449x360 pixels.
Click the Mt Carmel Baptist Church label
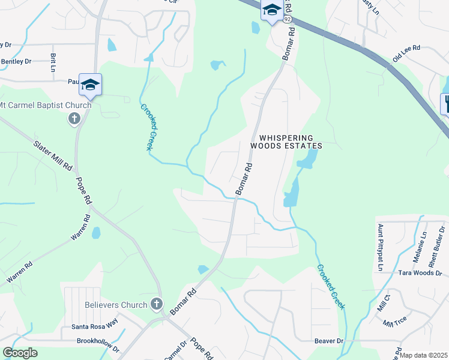pyautogui.click(x=46, y=106)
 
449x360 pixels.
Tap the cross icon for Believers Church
pyautogui.click(x=157, y=304)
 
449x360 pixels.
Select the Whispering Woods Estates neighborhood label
pyautogui.click(x=286, y=142)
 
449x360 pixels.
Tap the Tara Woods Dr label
pyautogui.click(x=420, y=273)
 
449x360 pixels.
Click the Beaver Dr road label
pyautogui.click(x=328, y=341)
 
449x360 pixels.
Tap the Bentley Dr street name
pyautogui.click(x=16, y=61)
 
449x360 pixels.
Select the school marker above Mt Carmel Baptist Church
pyautogui.click(x=90, y=85)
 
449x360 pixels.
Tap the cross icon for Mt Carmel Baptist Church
pyautogui.click(x=74, y=118)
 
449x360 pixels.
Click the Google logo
pyautogui.click(x=20, y=353)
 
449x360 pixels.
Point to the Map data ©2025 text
pyautogui.click(x=424, y=355)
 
